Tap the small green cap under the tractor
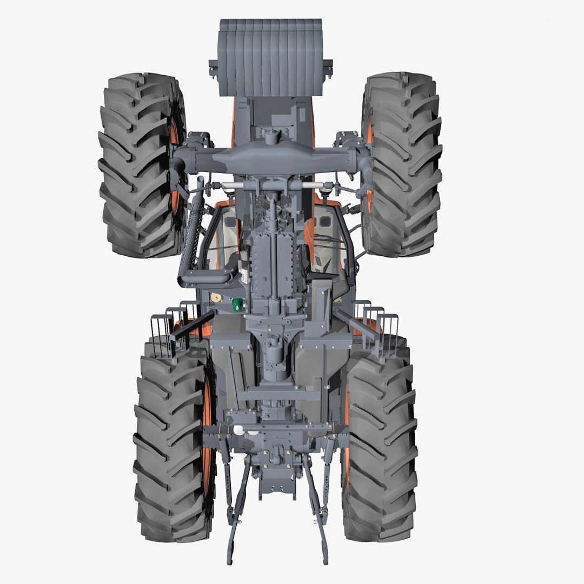237,306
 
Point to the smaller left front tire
138,165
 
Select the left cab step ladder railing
176,330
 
